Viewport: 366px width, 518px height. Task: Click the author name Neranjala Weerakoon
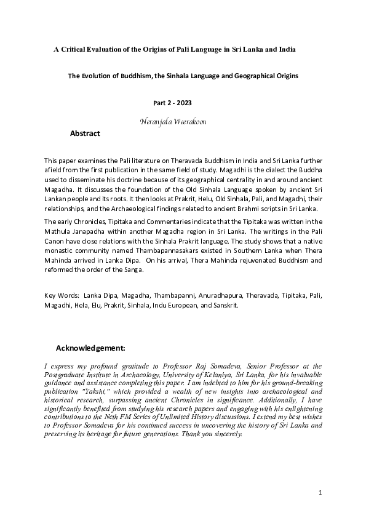point(173,122)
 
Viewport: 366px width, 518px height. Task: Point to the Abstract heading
point(85,133)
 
